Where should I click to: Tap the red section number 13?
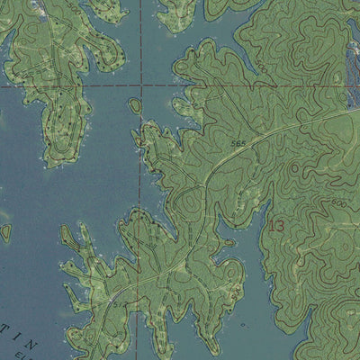pyautogui.click(x=275, y=225)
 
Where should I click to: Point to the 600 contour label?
pyautogui.click(x=339, y=204)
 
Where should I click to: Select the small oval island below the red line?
pyautogui.click(x=136, y=107)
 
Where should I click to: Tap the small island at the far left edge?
pyautogui.click(x=5, y=232)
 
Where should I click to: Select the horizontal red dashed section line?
pyautogui.click(x=72, y=87)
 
